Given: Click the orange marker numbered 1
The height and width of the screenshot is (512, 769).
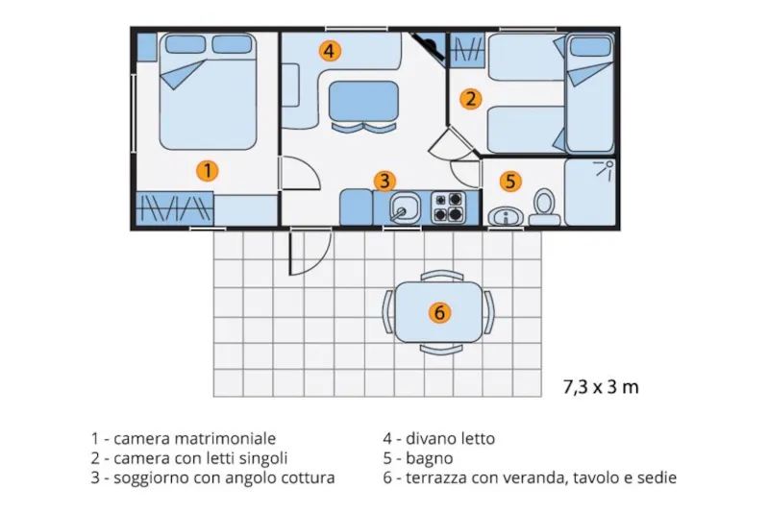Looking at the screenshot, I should pyautogui.click(x=207, y=171).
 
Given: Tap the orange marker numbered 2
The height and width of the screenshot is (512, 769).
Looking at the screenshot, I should pyautogui.click(x=470, y=98).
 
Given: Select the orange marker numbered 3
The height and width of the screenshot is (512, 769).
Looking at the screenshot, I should pyautogui.click(x=384, y=180).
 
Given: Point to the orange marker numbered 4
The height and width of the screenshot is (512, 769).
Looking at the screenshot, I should pyautogui.click(x=330, y=51).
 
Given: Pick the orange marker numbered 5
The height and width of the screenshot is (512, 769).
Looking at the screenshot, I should pyautogui.click(x=510, y=180).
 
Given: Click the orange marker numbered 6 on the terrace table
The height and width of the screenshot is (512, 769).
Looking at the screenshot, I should pyautogui.click(x=439, y=312).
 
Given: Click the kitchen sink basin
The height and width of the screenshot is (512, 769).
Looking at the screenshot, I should pyautogui.click(x=405, y=207).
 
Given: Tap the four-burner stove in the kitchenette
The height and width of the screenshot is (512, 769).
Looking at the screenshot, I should pyautogui.click(x=448, y=207).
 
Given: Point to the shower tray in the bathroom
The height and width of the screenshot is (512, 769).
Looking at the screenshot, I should pyautogui.click(x=589, y=191).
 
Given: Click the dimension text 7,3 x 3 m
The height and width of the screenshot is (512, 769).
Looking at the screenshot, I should pyautogui.click(x=601, y=388).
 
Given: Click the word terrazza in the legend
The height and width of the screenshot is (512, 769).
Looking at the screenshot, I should pyautogui.click(x=437, y=477).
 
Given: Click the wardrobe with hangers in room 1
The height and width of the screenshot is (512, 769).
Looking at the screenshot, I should pyautogui.click(x=174, y=207).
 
